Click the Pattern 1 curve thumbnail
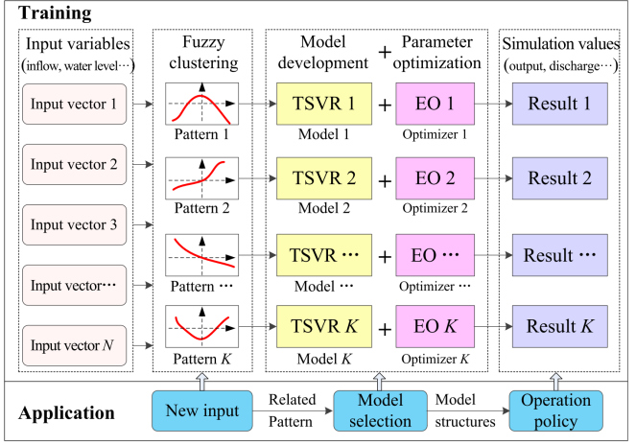(201, 104)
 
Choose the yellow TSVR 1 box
(318, 104)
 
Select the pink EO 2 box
(436, 177)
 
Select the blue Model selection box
(371, 410)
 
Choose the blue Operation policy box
(555, 410)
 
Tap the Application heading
(67, 414)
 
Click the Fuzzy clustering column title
(201, 54)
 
